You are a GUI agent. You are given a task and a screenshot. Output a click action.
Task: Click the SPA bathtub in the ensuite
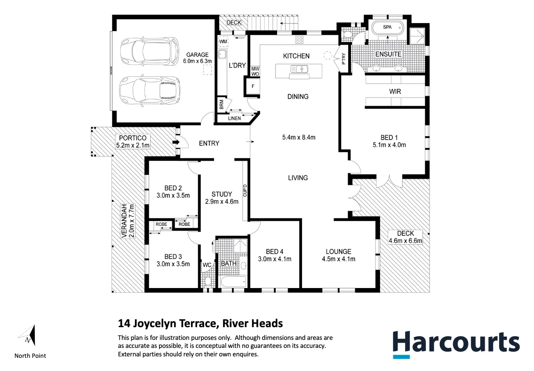point(387,28)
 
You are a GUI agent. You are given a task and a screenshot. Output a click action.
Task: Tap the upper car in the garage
point(149,49)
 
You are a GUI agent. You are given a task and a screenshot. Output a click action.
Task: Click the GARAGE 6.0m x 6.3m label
point(199,58)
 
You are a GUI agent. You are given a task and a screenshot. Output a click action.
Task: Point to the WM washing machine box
point(223,42)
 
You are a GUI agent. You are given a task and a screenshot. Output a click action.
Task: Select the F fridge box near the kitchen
point(254,87)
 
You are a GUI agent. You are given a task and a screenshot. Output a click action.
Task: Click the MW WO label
point(255,71)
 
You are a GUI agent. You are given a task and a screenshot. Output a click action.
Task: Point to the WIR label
point(395,91)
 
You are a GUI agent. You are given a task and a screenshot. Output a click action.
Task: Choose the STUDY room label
point(222,194)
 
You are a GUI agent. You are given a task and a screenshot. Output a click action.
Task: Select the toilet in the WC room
point(207,281)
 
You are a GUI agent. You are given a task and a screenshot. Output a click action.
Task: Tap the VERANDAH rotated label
point(128,222)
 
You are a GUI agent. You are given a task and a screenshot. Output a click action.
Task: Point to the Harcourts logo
point(456,342)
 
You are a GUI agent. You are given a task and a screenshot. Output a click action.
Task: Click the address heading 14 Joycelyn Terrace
point(200,323)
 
